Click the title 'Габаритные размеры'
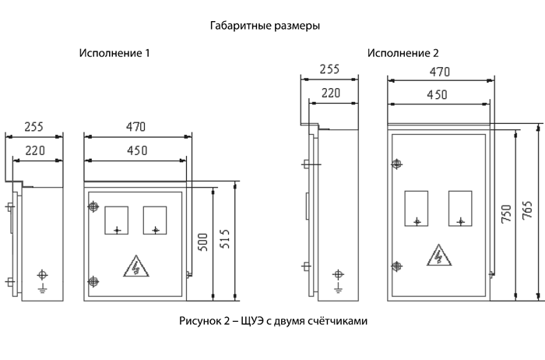[x=265, y=26]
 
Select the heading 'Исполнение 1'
[x=114, y=53]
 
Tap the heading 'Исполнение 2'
[x=403, y=53]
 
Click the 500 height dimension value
[x=202, y=242]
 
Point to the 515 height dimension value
[x=225, y=238]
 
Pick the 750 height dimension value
[x=506, y=214]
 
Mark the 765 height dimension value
[x=527, y=210]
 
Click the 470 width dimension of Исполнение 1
[x=136, y=126]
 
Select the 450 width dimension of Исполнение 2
[x=438, y=94]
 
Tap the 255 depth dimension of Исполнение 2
[x=329, y=69]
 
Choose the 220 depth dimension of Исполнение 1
[x=35, y=150]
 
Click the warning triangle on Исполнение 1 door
[x=136, y=266]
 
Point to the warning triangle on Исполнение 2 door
[x=439, y=256]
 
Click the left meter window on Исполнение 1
[x=117, y=221]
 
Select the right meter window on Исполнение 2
[x=460, y=208]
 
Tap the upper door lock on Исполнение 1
[x=93, y=206]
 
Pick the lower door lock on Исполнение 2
[x=396, y=266]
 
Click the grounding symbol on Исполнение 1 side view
[x=42, y=281]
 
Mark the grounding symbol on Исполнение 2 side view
[x=338, y=281]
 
